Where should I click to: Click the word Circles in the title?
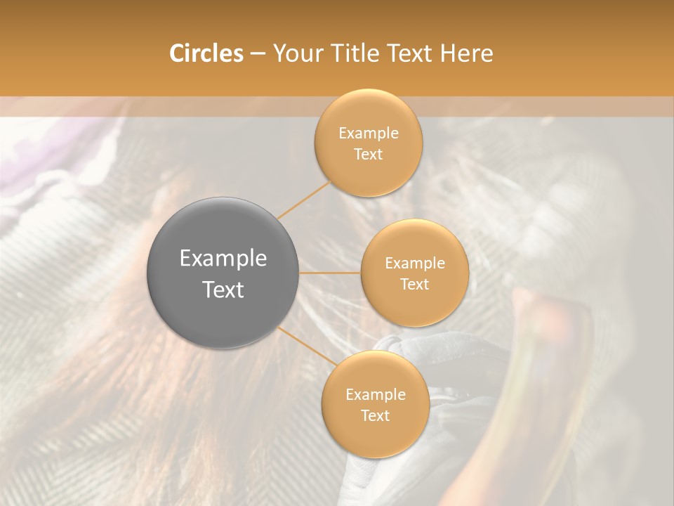[x=206, y=53]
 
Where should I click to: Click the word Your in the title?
[x=295, y=53]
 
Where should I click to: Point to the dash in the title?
[x=257, y=54]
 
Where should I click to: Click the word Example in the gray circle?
[x=223, y=259]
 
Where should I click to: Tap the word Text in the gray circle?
[x=223, y=290]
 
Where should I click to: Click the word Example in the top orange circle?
[x=368, y=134]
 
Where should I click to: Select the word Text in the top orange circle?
[x=368, y=155]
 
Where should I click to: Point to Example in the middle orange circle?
[x=414, y=264]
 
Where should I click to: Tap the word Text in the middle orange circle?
[x=414, y=285]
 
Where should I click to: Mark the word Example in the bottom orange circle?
[x=375, y=395]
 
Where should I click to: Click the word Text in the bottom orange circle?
[x=375, y=416]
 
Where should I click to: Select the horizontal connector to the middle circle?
[x=330, y=273]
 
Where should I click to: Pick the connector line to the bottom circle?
[x=307, y=345]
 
